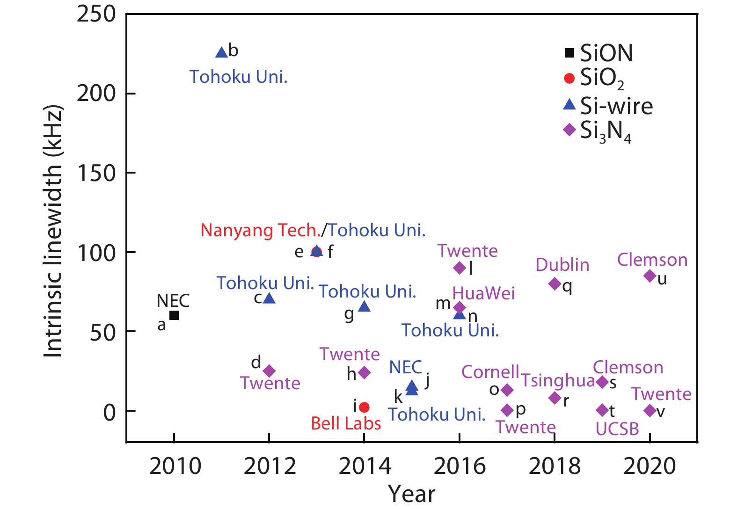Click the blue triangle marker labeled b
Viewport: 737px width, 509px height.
coord(221,52)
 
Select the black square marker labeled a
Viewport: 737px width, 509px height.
coord(174,315)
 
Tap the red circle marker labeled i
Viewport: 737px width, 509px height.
coord(364,407)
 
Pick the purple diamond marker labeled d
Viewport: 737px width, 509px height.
coord(269,371)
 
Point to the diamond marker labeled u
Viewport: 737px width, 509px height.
coord(649,276)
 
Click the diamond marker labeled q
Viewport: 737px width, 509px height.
coord(555,284)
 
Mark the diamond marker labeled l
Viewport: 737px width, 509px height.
coord(460,268)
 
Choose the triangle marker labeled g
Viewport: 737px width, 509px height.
coord(364,307)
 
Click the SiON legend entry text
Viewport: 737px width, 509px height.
coord(606,53)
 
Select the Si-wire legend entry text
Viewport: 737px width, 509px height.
coord(616,106)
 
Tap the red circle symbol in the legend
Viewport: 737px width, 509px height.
coord(569,78)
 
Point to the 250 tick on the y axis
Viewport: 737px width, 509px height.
coord(96,14)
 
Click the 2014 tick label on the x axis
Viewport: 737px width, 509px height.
coord(365,466)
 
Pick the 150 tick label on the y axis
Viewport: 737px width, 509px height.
coord(96,173)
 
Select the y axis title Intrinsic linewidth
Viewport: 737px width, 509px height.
coord(52,232)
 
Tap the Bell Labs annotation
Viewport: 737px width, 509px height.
coord(346,423)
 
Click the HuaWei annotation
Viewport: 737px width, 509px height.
coord(483,293)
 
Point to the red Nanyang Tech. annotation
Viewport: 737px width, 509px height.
coord(260,230)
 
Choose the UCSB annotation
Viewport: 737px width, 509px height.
coord(617,429)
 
